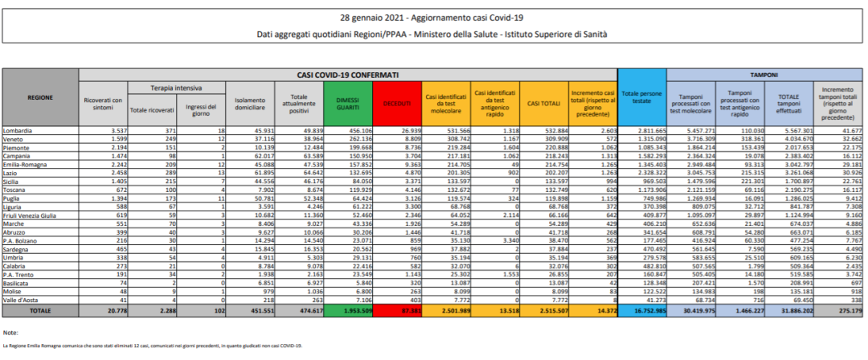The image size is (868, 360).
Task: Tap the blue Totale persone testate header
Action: [641, 97]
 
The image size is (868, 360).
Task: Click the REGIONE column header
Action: [40, 97]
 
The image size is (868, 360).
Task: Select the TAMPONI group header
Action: [764, 74]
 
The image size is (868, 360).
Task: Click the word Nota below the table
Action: [10, 332]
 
